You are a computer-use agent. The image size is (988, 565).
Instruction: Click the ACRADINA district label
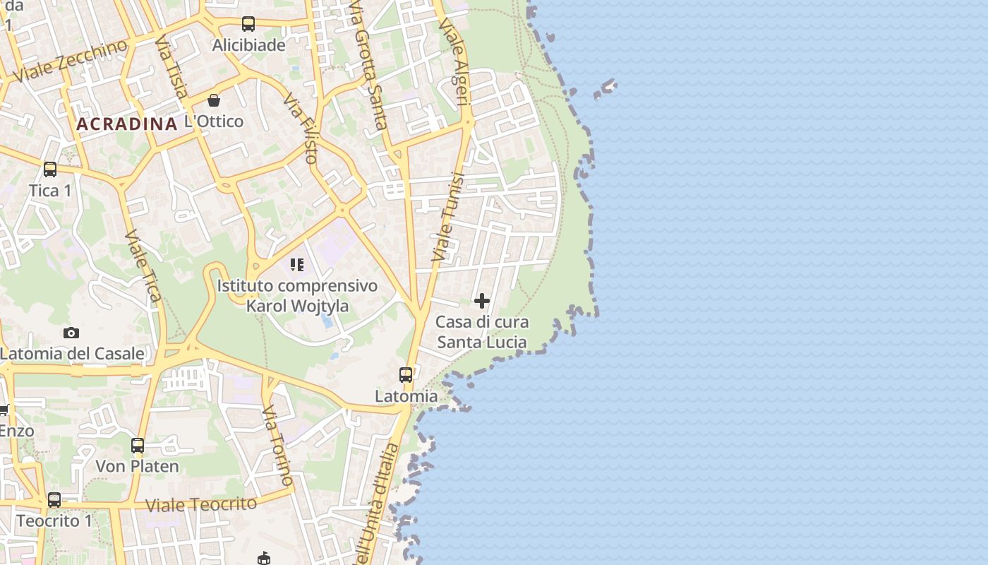[126, 124]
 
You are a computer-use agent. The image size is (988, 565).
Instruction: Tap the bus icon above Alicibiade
[248, 24]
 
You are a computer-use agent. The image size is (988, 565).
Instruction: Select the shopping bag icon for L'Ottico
[214, 100]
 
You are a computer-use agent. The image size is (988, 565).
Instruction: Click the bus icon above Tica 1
[50, 169]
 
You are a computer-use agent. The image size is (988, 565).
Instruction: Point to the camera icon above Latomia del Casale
[71, 333]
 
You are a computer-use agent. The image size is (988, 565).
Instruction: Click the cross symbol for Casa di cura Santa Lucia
[482, 302]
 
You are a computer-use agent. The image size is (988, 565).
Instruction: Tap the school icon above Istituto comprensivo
[297, 265]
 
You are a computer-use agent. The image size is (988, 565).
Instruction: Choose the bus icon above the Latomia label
[406, 375]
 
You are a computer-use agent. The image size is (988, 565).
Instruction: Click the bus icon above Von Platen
[138, 446]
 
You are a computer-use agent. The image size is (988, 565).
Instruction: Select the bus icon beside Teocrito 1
[54, 500]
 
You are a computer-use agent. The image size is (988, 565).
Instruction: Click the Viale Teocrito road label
[201, 505]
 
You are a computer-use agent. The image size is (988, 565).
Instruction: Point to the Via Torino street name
[278, 446]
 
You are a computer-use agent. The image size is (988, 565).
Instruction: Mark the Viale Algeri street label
[454, 62]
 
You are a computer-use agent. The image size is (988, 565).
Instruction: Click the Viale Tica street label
[144, 266]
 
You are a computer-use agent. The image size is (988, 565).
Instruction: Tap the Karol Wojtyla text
[297, 307]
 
